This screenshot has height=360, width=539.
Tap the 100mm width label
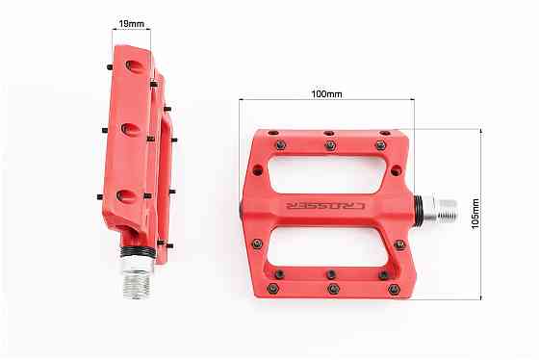tap(325, 94)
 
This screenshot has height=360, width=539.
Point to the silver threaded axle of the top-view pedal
tap(439, 209)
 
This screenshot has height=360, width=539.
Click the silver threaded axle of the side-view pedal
tap(138, 279)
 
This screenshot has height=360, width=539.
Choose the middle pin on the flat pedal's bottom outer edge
tap(331, 288)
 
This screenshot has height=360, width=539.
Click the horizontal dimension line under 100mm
tap(325, 102)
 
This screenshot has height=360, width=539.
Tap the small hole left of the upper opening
tap(257, 169)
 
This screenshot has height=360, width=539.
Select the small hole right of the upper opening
tap(395, 170)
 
